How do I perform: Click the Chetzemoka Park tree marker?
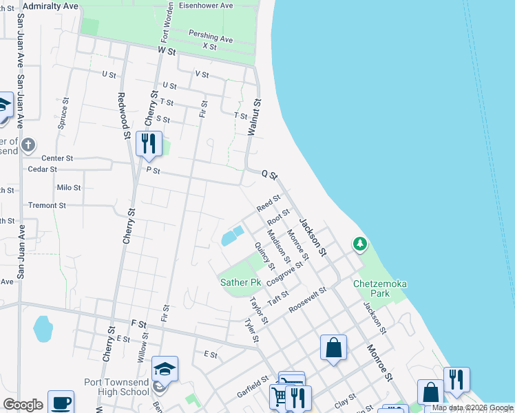359,244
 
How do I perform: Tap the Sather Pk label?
241,282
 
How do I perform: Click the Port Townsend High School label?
116,387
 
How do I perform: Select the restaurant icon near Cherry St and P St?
149,143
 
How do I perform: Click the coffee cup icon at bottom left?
60,403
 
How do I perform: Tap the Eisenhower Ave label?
207,6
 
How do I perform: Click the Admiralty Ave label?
50,6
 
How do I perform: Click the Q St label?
269,175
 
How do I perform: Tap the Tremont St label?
47,205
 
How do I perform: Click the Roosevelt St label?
307,300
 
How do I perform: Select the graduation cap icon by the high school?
165,369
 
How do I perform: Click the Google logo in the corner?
23,405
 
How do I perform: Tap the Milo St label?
69,187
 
